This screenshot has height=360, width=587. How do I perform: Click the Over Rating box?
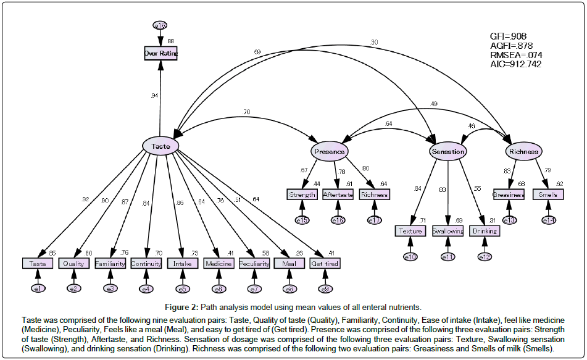coord(160,54)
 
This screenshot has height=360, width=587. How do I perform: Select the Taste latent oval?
coord(160,146)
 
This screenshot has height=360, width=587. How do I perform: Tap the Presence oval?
coord(329,151)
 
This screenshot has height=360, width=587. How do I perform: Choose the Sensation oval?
coord(448,151)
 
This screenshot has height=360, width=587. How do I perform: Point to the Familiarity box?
coord(110,264)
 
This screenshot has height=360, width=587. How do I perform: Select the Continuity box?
coord(146,264)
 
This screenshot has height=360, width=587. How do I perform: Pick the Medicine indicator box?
coord(219,264)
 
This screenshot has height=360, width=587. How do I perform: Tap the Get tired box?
coord(325,264)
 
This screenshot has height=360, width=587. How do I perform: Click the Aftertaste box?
coord(338,195)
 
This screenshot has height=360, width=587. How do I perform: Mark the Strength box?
coord(302,195)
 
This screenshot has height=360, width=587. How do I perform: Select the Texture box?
coord(410,232)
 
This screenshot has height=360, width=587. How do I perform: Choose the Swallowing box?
coord(448,232)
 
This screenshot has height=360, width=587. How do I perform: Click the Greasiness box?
coord(509,195)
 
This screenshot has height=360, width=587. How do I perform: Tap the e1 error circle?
coord(38,288)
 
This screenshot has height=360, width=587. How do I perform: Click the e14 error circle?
coord(549,220)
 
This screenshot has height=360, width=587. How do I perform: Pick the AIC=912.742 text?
coord(515,64)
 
